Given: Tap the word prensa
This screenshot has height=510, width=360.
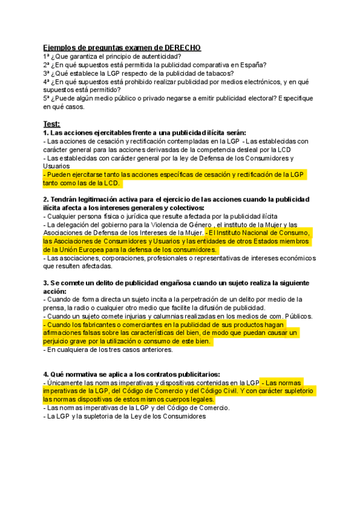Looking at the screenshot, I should point(55,307).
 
